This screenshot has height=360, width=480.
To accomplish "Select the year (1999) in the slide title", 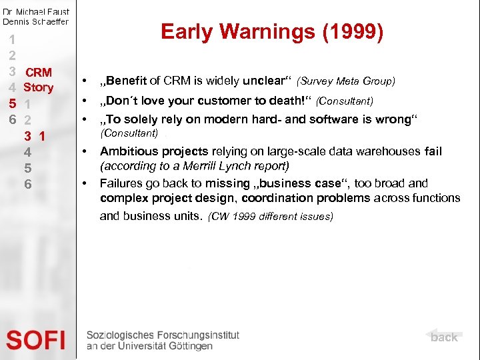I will pyautogui.click(x=353, y=32).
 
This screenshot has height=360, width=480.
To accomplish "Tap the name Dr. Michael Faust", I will pyautogui.click(x=36, y=11).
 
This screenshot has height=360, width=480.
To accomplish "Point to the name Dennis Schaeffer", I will pyautogui.click(x=36, y=21).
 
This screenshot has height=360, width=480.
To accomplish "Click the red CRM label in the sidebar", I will pyautogui.click(x=38, y=72).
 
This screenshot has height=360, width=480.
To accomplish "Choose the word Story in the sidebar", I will pyautogui.click(x=38, y=87).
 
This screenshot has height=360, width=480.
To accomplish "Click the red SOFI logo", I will pyautogui.click(x=36, y=341).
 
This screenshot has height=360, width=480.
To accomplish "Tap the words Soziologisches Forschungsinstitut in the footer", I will pyautogui.click(x=163, y=335).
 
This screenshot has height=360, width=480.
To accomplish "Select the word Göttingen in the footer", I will pyautogui.click(x=190, y=346).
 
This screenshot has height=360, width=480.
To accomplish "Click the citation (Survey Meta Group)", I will pyautogui.click(x=346, y=81).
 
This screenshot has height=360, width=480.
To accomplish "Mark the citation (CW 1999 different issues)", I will pyautogui.click(x=271, y=217).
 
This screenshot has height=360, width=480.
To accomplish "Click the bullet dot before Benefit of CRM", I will pyautogui.click(x=85, y=81).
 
